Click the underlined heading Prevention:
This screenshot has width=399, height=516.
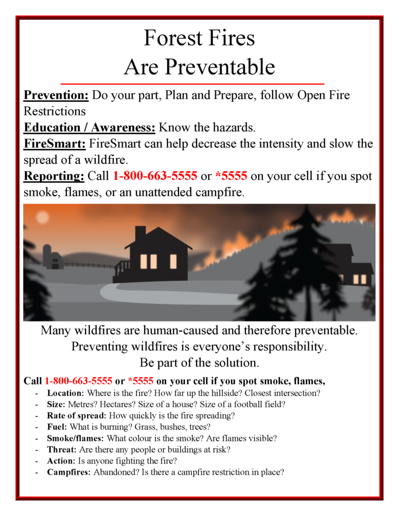[56, 95]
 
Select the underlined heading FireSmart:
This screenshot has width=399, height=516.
[55, 144]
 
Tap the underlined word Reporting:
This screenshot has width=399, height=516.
[54, 176]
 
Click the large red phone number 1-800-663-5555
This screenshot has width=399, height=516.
[155, 176]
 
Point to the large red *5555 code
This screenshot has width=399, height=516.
[231, 176]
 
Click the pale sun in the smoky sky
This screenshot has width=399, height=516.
[42, 217]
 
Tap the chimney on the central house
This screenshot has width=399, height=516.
[140, 233]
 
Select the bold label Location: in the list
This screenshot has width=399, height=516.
[66, 393]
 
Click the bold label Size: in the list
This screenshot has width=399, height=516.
[56, 404]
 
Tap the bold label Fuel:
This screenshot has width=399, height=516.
[56, 427]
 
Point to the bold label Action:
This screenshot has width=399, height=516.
[61, 461]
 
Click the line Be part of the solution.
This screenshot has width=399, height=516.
[199, 362]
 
